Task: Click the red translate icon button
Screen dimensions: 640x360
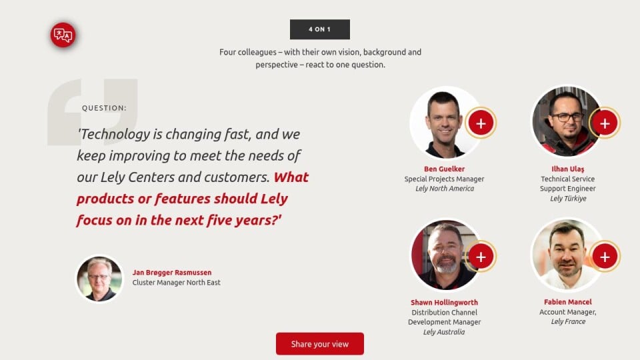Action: coord(63,35)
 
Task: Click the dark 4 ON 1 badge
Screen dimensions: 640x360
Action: coord(319,29)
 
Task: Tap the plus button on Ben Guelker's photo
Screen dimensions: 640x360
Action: coord(481,123)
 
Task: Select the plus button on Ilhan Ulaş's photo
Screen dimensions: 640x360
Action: coord(605,123)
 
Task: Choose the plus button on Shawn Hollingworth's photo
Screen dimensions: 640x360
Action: coord(481,256)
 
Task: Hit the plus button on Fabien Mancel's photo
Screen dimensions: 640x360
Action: coord(605,256)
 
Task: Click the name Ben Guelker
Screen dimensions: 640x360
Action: coord(444,169)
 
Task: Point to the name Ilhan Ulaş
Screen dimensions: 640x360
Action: coord(568,169)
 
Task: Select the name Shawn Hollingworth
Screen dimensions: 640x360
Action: coord(444,303)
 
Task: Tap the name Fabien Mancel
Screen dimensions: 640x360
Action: coord(568,302)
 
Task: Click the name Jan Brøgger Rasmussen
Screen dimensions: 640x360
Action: coord(172,273)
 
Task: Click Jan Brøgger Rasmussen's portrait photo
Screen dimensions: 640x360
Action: coord(99,279)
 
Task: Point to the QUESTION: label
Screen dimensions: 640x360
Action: coord(104,108)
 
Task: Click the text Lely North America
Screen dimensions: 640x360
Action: coord(445,189)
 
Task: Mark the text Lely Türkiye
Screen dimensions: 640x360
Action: coord(568,199)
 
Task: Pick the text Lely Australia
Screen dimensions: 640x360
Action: coord(444,332)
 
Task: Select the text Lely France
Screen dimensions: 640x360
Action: coord(568,321)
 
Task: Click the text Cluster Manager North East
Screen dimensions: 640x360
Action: coord(176,283)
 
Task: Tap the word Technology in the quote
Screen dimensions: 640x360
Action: coord(114,134)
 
